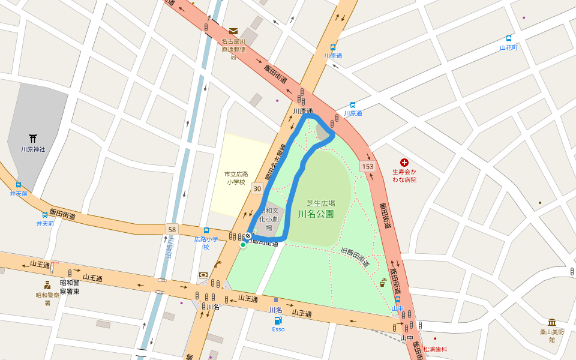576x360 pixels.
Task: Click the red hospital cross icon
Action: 404,163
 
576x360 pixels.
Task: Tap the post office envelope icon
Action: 233,31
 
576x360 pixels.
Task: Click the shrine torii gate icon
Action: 33,139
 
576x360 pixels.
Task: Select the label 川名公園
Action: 316,214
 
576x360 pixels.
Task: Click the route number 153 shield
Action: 368,166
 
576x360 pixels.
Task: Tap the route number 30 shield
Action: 257,188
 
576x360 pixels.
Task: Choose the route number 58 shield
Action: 173,229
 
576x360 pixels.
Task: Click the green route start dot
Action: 243,245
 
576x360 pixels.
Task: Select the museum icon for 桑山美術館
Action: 551,322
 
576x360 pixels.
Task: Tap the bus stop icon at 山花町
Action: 509,38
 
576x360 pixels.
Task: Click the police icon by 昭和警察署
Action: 47,285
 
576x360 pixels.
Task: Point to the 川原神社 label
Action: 33,149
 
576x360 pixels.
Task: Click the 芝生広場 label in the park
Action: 321,203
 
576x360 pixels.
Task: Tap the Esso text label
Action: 278,329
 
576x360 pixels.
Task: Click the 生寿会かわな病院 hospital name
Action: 404,175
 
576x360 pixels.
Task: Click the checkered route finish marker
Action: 248,236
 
